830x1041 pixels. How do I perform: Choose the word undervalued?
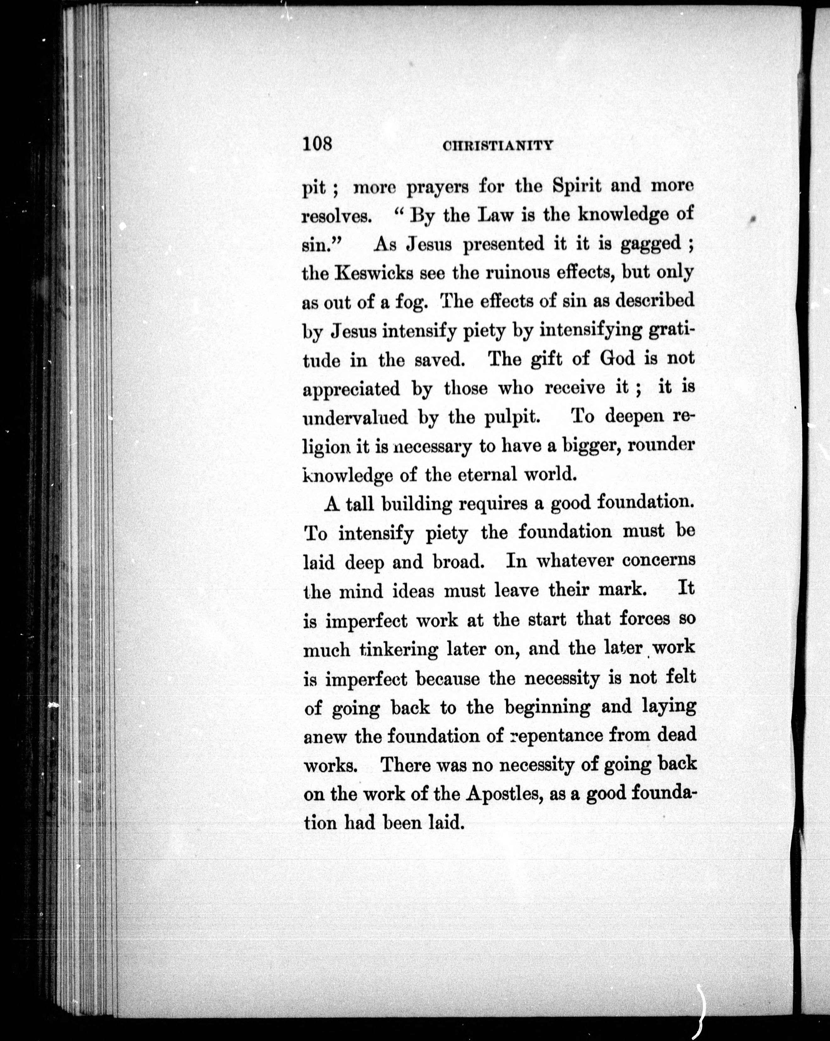[355, 417]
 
